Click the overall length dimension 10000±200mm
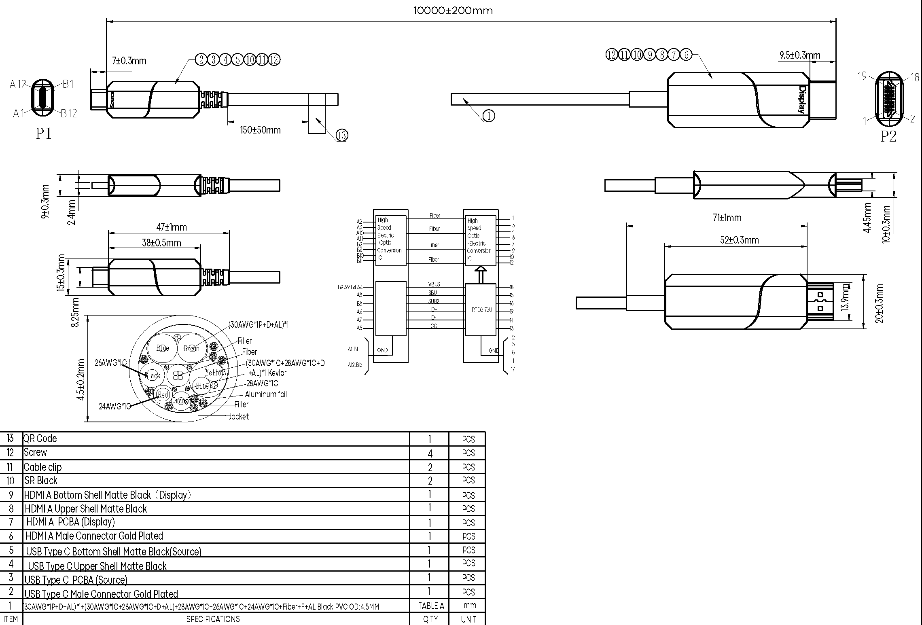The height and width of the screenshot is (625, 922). [453, 11]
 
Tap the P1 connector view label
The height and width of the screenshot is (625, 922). [44, 133]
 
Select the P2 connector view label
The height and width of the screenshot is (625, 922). [888, 136]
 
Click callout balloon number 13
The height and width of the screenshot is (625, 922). [342, 135]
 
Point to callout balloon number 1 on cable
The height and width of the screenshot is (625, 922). [489, 116]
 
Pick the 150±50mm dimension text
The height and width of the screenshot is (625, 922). [260, 130]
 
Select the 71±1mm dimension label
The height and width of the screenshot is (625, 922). [727, 218]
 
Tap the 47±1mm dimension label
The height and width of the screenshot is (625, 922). [172, 227]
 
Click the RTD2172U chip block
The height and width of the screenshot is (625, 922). [481, 310]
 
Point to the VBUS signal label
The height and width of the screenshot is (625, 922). [434, 284]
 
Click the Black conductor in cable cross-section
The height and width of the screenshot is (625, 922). [153, 375]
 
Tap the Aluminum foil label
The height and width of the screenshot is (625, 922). [266, 394]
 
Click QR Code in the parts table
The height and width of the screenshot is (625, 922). [40, 439]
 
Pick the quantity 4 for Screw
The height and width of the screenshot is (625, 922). [430, 453]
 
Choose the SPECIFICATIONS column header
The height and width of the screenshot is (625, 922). [213, 619]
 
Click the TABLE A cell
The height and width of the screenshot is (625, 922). [431, 606]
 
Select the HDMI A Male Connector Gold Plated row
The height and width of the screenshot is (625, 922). [94, 536]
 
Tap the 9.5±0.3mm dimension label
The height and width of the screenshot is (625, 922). [799, 55]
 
